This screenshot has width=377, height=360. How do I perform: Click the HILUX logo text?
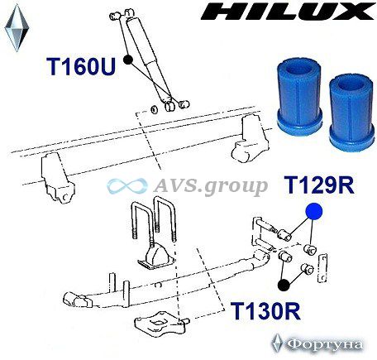point(288,12)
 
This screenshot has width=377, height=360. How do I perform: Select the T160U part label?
point(81,66)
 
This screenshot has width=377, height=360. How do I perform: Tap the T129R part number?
point(320,185)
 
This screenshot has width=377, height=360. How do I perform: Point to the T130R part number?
point(265,310)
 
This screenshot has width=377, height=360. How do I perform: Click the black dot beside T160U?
point(128,60)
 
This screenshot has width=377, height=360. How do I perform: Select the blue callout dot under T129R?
point(313,212)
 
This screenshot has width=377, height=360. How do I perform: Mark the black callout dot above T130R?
point(284,285)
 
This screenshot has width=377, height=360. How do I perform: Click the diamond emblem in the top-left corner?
point(17,27)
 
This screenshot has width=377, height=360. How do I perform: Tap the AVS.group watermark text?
point(210,186)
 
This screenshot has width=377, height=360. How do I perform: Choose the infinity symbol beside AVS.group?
point(127,185)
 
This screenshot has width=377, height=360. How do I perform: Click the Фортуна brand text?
point(324,344)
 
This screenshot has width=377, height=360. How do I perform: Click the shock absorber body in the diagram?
point(150,60)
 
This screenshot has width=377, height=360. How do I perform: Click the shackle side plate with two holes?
point(322,268)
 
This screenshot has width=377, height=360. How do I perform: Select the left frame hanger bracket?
point(57,177)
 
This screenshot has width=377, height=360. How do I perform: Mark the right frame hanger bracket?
point(249,139)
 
